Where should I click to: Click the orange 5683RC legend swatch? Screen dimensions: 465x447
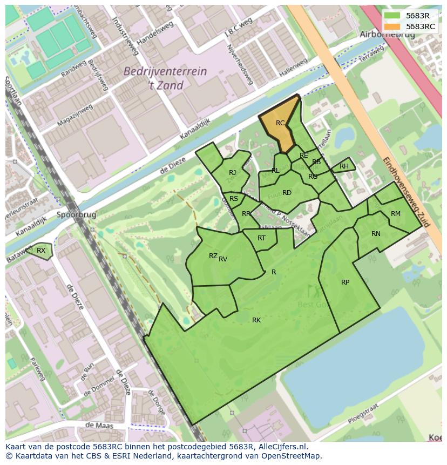pos(392,26)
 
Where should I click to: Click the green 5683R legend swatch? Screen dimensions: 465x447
pos(392,16)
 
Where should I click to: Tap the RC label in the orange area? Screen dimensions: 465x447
pos(280,123)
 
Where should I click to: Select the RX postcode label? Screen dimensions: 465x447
pos(41,250)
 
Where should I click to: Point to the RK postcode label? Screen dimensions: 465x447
pos(256,320)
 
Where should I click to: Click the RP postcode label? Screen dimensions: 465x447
pos(345,282)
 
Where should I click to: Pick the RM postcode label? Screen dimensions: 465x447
pos(396,214)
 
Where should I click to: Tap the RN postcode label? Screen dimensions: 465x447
pos(376,234)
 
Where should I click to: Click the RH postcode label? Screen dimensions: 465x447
pos(344,166)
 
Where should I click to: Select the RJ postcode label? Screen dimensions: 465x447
pos(232,173)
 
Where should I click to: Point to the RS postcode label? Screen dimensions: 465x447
pos(234,199)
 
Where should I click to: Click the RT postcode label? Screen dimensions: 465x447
pos(261,238)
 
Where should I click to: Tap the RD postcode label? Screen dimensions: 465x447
pos(287,193)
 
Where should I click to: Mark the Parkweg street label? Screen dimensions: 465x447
pos(37,369)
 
